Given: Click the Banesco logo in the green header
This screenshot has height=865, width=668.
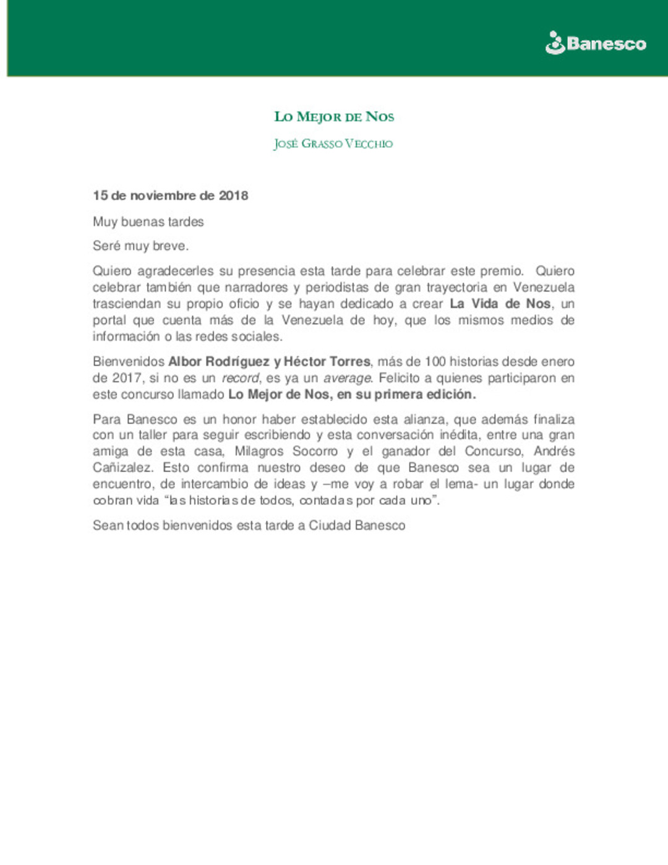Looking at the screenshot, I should (x=596, y=43).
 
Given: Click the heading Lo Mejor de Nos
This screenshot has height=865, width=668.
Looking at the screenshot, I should (x=334, y=117).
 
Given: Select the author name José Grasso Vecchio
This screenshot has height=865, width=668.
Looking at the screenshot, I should (x=333, y=144).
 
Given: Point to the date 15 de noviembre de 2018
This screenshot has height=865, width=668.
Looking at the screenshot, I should (x=170, y=196).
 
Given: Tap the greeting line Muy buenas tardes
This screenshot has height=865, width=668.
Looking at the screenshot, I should (x=148, y=222).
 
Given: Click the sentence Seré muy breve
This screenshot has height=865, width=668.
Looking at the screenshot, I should (x=140, y=246).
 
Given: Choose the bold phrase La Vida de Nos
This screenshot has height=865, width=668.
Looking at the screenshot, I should (x=500, y=304).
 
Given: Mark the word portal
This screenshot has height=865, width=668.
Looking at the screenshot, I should (x=108, y=320).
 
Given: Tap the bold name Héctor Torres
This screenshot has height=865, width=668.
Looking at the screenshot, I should (x=327, y=361).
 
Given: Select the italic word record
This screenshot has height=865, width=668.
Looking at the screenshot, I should (x=241, y=378).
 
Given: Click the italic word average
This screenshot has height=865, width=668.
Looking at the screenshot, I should (x=347, y=378).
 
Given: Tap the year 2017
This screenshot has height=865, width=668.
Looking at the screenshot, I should (x=127, y=378).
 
